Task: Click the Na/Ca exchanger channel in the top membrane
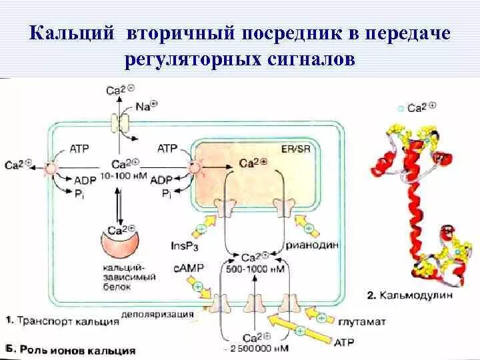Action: pyautogui.click(x=122, y=123)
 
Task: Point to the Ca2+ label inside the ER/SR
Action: pyautogui.click(x=253, y=162)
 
